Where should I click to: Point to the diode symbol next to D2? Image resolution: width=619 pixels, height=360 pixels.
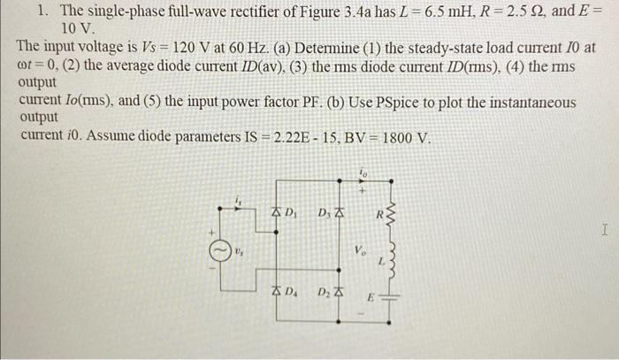coord(339,290)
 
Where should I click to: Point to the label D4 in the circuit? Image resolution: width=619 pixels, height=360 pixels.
coord(292,291)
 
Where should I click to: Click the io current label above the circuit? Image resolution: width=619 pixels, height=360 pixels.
coord(362,172)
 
